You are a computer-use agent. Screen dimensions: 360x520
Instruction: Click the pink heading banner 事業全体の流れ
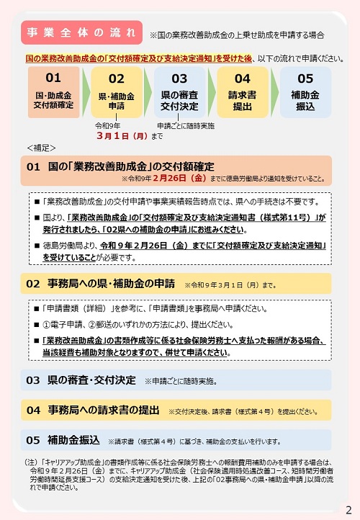point(81,32)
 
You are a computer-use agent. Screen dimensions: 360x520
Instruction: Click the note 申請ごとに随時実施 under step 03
point(185,125)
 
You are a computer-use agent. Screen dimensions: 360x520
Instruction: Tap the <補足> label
point(40,148)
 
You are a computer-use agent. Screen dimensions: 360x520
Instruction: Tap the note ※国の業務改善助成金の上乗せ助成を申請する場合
point(236,34)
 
